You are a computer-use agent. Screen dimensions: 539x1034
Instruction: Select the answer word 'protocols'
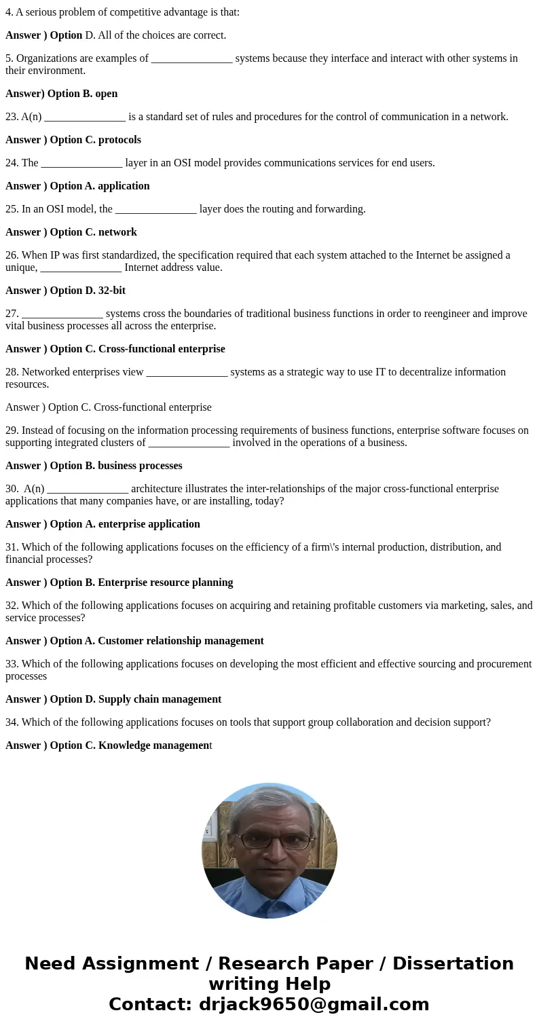click(x=119, y=140)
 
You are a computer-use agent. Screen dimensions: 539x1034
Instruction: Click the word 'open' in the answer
click(x=107, y=94)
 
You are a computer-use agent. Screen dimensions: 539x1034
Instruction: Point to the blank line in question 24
click(x=81, y=164)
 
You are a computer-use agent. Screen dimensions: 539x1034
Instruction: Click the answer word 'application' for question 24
click(x=124, y=186)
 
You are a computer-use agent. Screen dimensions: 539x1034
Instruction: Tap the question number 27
click(x=12, y=314)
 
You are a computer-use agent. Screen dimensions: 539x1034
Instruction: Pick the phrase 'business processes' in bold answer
click(x=140, y=466)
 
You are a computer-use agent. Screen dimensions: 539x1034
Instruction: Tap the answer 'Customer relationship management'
click(x=181, y=641)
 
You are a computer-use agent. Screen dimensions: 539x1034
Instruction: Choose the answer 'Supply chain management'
click(x=160, y=699)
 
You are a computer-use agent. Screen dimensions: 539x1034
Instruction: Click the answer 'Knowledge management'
click(x=155, y=745)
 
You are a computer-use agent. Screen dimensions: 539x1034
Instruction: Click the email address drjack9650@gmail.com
click(x=312, y=1004)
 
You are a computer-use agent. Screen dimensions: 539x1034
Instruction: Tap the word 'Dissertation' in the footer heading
click(x=453, y=963)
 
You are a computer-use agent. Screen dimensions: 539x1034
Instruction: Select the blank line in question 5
click(x=191, y=59)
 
